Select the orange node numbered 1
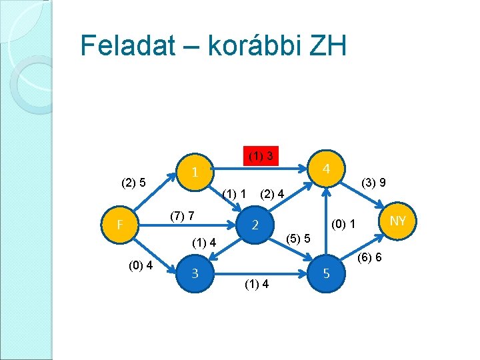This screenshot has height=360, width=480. click(x=193, y=172)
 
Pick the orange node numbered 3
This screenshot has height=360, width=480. click(x=194, y=272)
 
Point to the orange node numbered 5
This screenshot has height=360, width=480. click(x=326, y=273)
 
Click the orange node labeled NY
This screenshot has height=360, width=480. click(x=398, y=221)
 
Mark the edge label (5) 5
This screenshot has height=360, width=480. click(x=297, y=238)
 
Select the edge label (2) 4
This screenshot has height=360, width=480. click(x=272, y=195)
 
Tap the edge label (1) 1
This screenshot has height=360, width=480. click(x=235, y=194)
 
